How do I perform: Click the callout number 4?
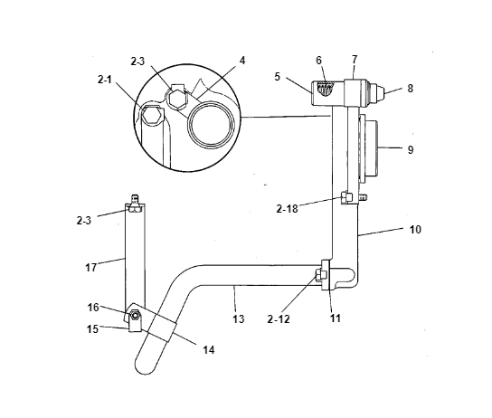pos(242,61)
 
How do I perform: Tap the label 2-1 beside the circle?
pos(105,80)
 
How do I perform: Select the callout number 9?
pos(411,149)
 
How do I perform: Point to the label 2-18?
pos(287,209)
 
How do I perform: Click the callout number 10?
pos(415,230)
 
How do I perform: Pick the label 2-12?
pos(279,319)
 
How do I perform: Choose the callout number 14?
pos(208,349)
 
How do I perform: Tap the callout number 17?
pos(91,268)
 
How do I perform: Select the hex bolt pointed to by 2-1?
pos(152,114)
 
